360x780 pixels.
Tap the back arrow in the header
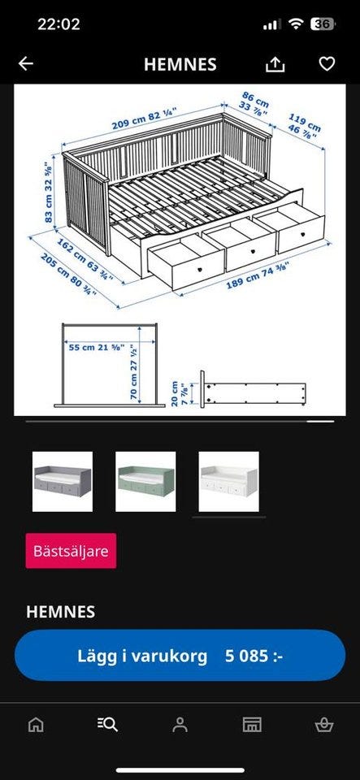(x=26, y=64)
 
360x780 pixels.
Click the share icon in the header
(x=275, y=65)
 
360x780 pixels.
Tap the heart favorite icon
(x=327, y=64)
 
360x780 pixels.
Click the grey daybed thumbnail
(x=63, y=482)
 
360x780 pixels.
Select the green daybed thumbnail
(x=145, y=482)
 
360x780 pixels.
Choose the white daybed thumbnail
(x=228, y=482)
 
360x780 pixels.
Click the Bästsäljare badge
(x=71, y=551)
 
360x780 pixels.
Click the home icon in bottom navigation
(x=36, y=724)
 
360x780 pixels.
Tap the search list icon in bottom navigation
(x=107, y=724)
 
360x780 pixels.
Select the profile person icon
(x=180, y=724)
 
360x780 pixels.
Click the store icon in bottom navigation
(x=252, y=724)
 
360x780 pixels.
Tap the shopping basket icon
(x=323, y=724)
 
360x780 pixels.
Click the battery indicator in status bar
(x=322, y=24)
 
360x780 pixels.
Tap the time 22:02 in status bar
(x=59, y=24)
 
